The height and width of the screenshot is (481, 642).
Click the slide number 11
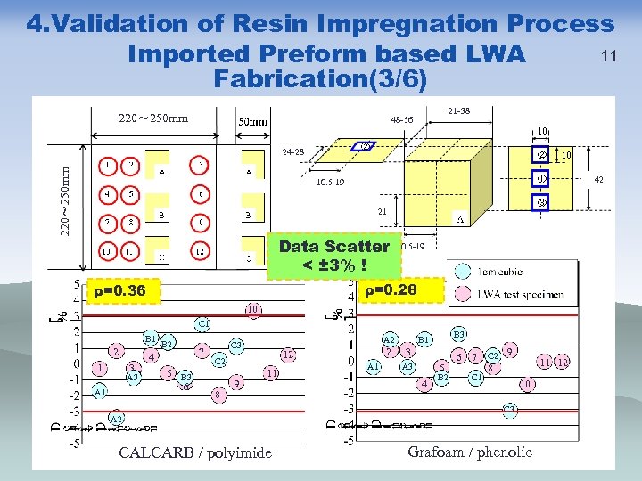tap(610, 56)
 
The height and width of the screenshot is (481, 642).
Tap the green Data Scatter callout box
tap(334, 256)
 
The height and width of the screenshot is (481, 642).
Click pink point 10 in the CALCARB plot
tap(253, 309)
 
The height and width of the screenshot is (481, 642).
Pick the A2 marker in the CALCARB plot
tap(116, 419)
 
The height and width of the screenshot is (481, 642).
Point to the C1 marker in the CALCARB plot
tap(202, 323)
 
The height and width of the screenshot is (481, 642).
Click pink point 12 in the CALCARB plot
tap(288, 355)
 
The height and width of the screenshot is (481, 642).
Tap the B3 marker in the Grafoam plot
tap(460, 334)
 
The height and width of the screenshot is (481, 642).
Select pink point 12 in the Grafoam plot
tap(562, 363)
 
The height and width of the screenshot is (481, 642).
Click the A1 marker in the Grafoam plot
tap(374, 366)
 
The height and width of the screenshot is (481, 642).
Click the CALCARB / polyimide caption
tap(195, 453)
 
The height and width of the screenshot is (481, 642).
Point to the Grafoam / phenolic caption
tap(470, 452)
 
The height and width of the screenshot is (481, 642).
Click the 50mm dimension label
tap(252, 122)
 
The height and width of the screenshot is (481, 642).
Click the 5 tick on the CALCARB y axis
tap(76, 284)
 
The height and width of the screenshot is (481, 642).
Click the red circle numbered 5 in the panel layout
tap(130, 192)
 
